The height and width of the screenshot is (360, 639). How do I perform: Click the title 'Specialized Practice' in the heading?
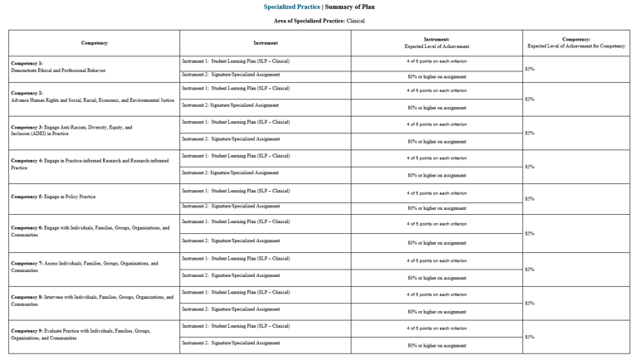tap(292, 7)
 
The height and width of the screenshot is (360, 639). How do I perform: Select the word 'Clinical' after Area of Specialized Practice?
tap(355, 21)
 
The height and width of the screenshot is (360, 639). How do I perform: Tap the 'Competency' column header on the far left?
tap(94, 43)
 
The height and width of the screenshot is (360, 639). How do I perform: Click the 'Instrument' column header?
tap(266, 43)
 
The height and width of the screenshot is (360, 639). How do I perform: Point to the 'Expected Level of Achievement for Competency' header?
tap(576, 46)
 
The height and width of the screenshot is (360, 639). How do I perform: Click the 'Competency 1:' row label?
tap(27, 63)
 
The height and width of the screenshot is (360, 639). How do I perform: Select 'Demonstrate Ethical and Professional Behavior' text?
tap(58, 71)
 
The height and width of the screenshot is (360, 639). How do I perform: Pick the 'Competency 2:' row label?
tap(27, 93)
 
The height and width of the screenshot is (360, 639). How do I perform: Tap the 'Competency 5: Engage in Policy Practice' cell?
tap(53, 197)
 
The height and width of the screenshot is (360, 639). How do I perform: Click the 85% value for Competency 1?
tap(529, 69)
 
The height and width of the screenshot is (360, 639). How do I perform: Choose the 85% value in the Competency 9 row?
tap(529, 337)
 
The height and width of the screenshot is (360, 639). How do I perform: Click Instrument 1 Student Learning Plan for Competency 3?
tap(236, 122)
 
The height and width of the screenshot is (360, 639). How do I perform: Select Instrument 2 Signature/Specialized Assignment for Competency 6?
tap(231, 241)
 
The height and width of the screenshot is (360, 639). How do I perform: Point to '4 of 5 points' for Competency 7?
tap(437, 260)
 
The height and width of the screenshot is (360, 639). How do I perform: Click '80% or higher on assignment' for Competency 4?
tap(437, 175)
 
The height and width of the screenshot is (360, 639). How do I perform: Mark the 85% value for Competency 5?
tap(529, 199)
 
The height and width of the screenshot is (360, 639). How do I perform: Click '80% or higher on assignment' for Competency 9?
tap(437, 345)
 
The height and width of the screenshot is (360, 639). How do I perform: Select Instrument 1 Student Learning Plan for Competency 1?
tap(236, 61)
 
